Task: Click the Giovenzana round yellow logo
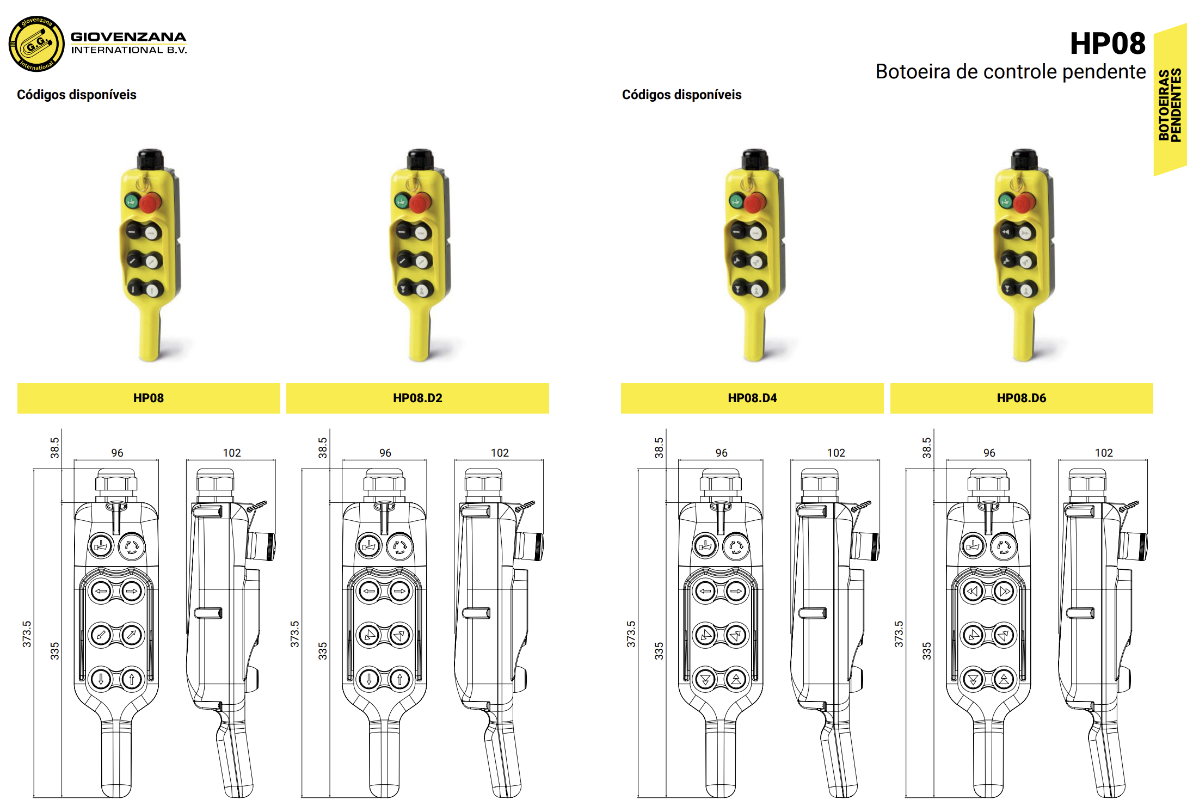pos(36,44)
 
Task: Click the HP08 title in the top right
pos(1107,44)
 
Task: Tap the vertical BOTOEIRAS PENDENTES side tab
pos(1170,103)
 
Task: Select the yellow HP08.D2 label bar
pos(417,398)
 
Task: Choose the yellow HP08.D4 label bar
pos(752,398)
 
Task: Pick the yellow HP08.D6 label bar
pos(1021,398)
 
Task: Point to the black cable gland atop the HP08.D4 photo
pos(754,158)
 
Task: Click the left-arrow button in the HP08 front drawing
pos(101,590)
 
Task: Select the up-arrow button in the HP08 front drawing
pos(132,679)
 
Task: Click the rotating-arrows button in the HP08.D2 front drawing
pos(400,546)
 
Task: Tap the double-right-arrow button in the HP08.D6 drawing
pos(1004,591)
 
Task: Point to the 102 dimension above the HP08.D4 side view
pos(836,453)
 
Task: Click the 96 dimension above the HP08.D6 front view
pos(989,453)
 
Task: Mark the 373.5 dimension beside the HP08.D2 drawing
pos(294,634)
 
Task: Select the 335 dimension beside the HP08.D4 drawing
pos(659,651)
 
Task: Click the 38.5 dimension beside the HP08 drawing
pos(54,447)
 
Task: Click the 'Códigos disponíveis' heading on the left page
pos(77,95)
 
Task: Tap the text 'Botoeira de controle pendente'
pos(1010,72)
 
